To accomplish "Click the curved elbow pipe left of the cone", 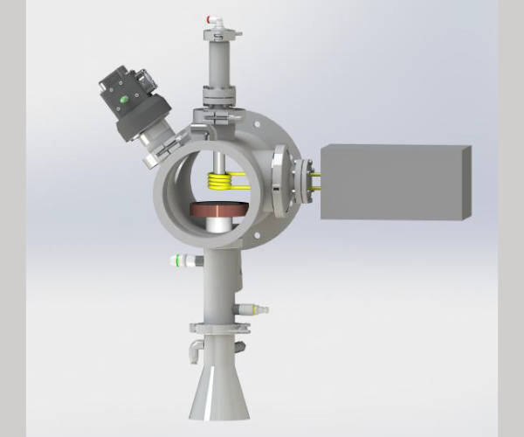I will coord(193,350).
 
